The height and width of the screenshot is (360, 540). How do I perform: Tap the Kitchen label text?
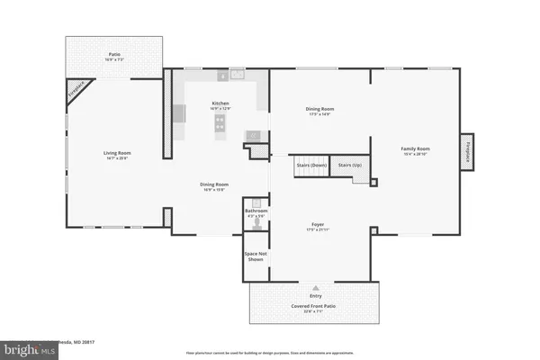coord(220,103)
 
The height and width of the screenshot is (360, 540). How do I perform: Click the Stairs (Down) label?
coord(311,166)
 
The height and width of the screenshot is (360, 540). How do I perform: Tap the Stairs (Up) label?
coord(351,166)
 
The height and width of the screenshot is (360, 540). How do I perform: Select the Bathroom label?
coord(256,211)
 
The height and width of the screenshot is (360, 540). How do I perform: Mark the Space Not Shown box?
coord(256,257)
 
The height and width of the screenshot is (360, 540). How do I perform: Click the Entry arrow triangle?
coord(315,283)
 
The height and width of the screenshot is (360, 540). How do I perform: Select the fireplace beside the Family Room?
coord(468,151)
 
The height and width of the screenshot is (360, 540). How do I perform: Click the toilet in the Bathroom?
coord(256,226)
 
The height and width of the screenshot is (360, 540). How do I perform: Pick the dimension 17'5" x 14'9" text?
coord(319,114)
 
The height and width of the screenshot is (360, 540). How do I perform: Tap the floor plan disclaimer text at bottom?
coord(269,352)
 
